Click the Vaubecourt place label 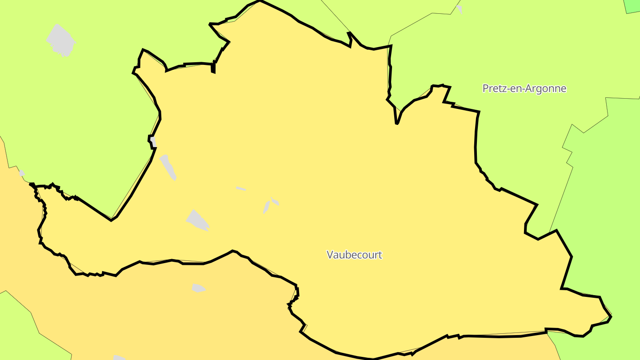(x=354, y=255)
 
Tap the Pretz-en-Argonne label (x=524, y=88)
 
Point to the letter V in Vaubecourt (x=330, y=255)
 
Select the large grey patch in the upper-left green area (x=61, y=40)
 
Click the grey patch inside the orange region (x=198, y=288)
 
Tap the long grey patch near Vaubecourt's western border (x=168, y=167)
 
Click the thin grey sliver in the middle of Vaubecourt (x=241, y=188)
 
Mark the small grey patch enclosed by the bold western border (x=153, y=141)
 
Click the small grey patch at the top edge (x=460, y=8)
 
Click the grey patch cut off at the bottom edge (x=119, y=357)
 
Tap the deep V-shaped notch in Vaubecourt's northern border (x=396, y=121)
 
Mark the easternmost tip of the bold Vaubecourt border (x=611, y=316)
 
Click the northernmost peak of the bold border (x=260, y=1)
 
